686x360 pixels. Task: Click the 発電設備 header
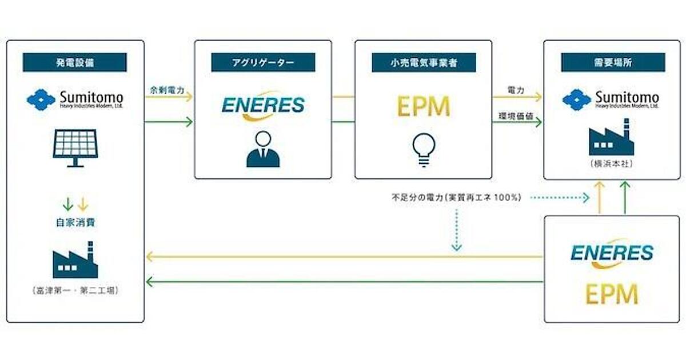pos(75,62)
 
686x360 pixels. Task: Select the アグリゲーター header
pos(263,62)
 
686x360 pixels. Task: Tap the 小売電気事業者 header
pos(423,62)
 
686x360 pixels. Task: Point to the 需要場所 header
pos(613,62)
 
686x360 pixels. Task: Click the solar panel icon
pos(75,147)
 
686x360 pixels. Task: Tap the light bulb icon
pos(422,150)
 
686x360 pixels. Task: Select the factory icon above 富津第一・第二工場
pos(75,262)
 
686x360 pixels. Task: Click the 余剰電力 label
pos(163,91)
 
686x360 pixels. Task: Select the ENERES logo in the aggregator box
pos(263,106)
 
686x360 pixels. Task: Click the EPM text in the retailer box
pos(422,106)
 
